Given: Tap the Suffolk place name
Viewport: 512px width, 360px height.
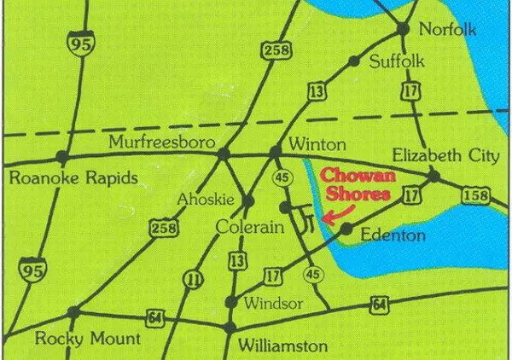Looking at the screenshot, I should point(397,61).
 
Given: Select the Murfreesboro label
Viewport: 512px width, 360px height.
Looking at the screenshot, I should point(160,141).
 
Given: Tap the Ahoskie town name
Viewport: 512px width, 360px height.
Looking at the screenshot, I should point(204,199).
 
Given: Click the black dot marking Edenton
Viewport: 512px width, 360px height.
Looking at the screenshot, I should point(346,229).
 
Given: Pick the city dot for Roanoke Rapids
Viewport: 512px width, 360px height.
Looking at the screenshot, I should point(61,157).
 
